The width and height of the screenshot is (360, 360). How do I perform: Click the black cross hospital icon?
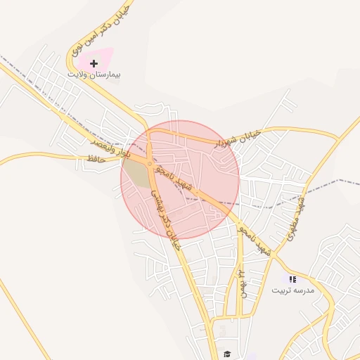point(94,63)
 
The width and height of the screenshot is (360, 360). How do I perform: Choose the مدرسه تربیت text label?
point(293,290)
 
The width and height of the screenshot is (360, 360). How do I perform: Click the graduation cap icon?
point(226,353)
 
